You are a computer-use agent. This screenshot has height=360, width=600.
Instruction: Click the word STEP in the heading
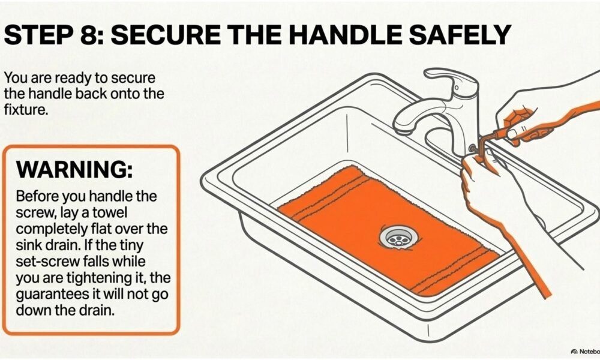(38, 35)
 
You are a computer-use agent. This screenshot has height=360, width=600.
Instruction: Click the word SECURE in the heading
(166, 35)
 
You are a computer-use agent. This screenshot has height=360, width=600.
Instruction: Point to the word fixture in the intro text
(26, 110)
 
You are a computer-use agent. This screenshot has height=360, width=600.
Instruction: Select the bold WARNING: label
(74, 169)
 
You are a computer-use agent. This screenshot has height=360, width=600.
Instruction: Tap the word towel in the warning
(110, 212)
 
